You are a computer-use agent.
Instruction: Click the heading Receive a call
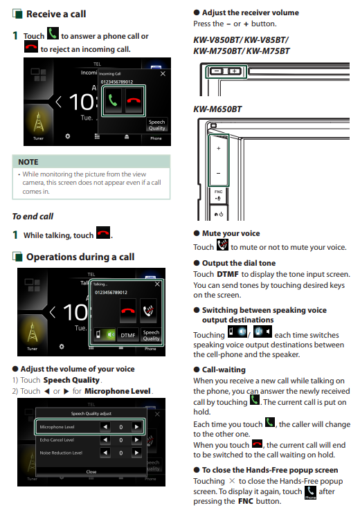(x=56, y=14)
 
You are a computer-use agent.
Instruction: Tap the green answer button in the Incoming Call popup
(x=113, y=100)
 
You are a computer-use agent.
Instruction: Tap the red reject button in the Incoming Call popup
(x=134, y=100)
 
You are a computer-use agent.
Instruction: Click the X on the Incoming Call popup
(x=163, y=74)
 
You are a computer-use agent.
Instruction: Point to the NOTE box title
(x=28, y=162)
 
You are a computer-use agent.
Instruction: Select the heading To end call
(x=33, y=217)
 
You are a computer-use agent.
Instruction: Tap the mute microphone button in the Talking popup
(x=148, y=310)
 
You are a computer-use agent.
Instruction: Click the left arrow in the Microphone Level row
(x=105, y=427)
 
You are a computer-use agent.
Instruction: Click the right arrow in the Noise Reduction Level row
(x=136, y=453)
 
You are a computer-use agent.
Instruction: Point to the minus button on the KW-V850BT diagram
(x=216, y=71)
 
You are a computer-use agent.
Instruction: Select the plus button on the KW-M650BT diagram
(x=218, y=148)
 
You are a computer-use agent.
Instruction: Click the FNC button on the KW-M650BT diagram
(x=218, y=195)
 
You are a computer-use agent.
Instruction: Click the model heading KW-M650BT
(x=217, y=109)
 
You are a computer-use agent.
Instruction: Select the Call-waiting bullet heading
(x=224, y=370)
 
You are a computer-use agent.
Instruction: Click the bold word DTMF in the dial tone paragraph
(x=228, y=274)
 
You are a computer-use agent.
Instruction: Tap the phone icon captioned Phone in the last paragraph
(x=311, y=493)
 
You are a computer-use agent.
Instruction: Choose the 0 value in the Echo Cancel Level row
(x=120, y=440)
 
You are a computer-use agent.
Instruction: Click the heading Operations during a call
(x=80, y=257)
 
